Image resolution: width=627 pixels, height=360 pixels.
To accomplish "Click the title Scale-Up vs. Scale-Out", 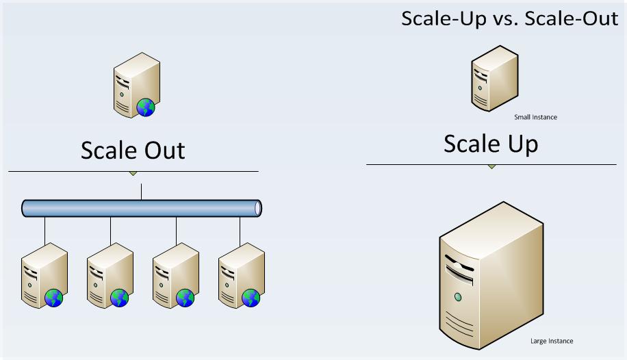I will pyautogui.click(x=509, y=18).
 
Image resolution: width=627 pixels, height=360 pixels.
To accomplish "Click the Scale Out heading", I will pyautogui.click(x=133, y=150).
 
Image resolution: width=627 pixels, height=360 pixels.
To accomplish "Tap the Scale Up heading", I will pyautogui.click(x=490, y=144).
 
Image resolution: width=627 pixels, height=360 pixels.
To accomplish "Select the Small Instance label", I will pyautogui.click(x=535, y=117).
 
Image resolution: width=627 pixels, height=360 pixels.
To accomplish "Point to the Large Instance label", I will pyautogui.click(x=552, y=341).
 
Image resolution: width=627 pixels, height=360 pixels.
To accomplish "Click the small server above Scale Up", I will pyautogui.click(x=494, y=79).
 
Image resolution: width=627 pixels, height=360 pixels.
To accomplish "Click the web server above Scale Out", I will pyautogui.click(x=136, y=87).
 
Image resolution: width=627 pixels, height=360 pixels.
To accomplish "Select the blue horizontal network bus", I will pyautogui.click(x=142, y=208).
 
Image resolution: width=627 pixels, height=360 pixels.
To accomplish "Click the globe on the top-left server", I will pyautogui.click(x=146, y=107).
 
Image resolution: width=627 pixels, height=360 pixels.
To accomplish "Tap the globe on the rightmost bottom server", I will pyautogui.click(x=251, y=298).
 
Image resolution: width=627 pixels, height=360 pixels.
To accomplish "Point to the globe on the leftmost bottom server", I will pyautogui.click(x=54, y=298).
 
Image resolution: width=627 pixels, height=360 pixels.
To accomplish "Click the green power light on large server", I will pyautogui.click(x=457, y=297).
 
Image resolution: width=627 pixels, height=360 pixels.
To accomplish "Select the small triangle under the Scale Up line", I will pyautogui.click(x=491, y=167).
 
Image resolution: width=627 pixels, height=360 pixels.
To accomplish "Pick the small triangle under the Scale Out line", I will pyautogui.click(x=133, y=173).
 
